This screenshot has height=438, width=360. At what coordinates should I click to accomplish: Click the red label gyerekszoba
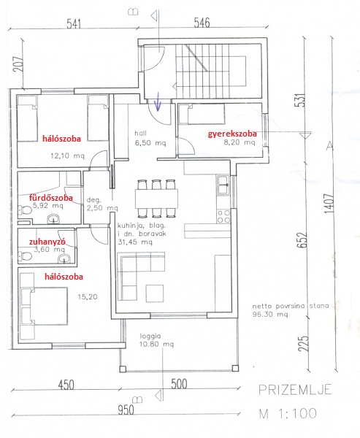point(232,134)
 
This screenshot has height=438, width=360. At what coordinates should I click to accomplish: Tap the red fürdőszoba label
point(51,198)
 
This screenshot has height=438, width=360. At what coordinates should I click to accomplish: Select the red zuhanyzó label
point(47,242)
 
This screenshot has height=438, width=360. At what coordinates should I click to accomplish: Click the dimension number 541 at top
point(74,24)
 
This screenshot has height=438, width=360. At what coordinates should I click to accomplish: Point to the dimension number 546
point(202,23)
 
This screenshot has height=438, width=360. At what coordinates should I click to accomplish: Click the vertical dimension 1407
point(329,204)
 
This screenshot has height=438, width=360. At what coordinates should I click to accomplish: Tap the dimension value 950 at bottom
point(126,410)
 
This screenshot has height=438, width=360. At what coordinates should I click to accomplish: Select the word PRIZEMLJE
point(295,390)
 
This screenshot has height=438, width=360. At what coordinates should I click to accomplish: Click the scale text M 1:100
point(288,413)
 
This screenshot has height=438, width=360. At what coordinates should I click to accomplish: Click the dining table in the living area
point(156,199)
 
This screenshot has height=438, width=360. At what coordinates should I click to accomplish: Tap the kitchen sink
point(223,185)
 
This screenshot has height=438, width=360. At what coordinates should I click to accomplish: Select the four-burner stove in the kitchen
point(223,217)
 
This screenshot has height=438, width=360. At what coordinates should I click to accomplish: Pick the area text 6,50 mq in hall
point(150,143)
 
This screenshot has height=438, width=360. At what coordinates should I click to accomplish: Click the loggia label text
point(150,336)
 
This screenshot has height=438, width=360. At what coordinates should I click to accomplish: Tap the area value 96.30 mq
point(269,314)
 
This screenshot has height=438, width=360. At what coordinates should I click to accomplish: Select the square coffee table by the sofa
point(155,293)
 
